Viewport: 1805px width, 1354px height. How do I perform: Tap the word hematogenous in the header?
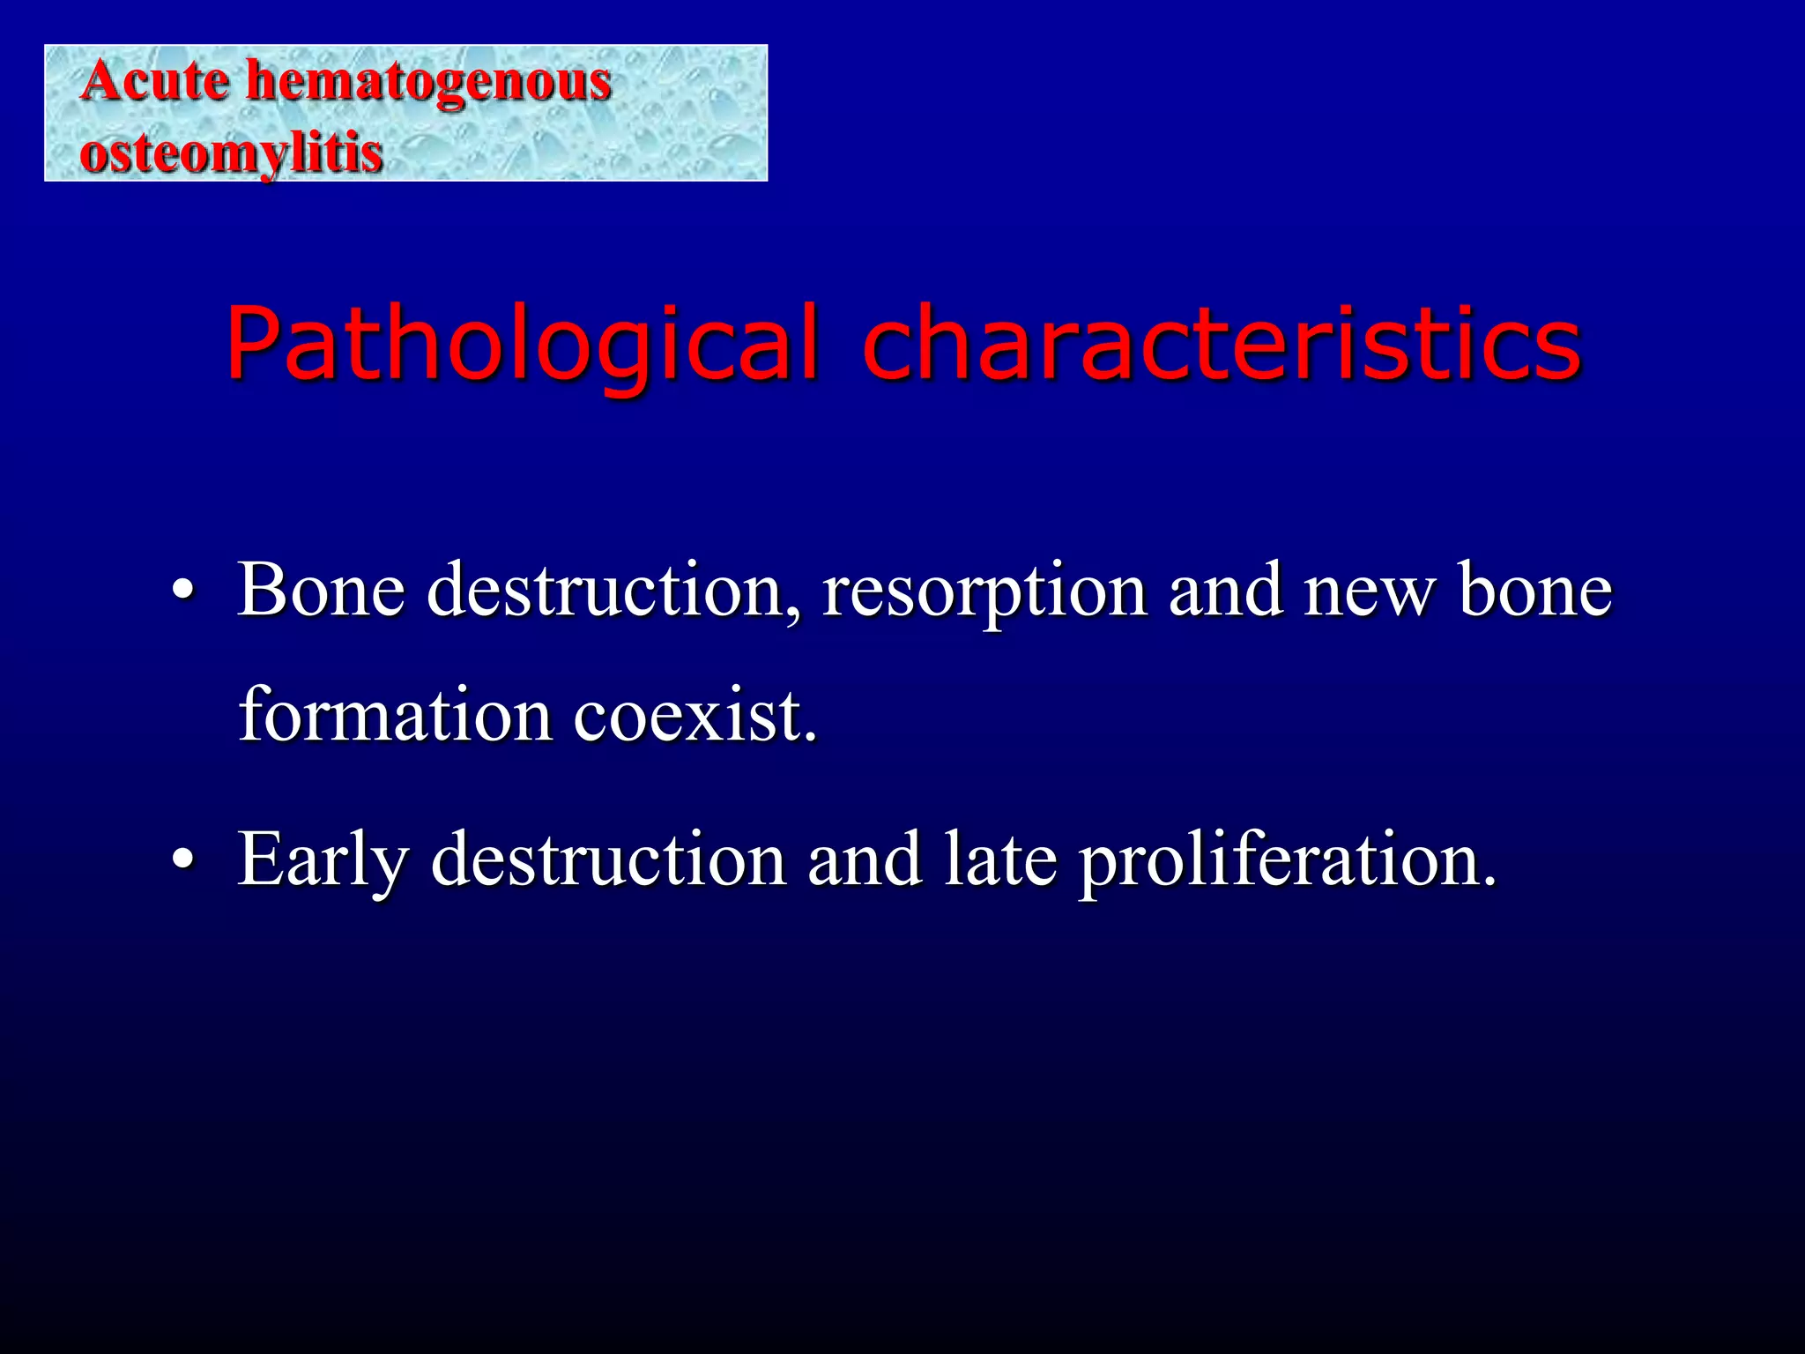tap(428, 81)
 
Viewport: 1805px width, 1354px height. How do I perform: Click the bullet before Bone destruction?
tap(182, 591)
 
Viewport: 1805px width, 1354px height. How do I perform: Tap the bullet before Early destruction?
tap(182, 859)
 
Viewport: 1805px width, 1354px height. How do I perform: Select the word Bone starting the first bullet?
tap(322, 589)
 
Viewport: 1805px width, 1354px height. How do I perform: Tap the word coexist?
tap(696, 714)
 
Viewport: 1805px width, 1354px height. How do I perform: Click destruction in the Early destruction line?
tap(608, 859)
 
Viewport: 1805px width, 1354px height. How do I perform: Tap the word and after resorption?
tap(1225, 589)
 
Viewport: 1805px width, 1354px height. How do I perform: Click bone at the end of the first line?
tap(1535, 589)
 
